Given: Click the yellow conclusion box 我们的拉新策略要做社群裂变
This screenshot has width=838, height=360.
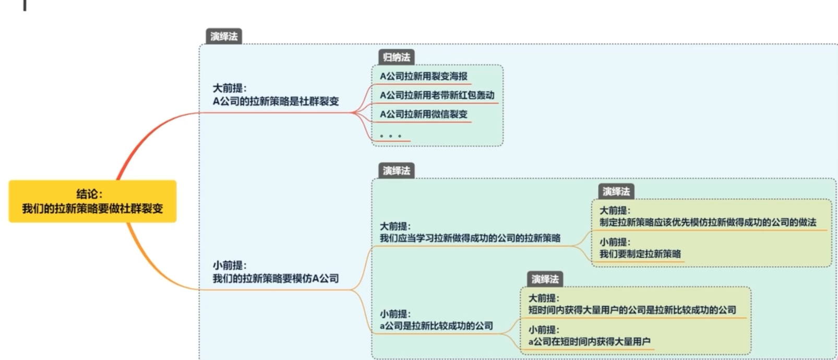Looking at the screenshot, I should (x=92, y=201).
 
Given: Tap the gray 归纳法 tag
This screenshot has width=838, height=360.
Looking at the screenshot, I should (x=397, y=57).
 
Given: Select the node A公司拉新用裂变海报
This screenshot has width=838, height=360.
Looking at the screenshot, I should (x=423, y=76).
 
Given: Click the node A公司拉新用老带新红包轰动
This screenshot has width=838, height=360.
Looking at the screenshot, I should (x=437, y=95).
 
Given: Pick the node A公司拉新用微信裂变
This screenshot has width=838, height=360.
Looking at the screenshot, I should (x=423, y=114).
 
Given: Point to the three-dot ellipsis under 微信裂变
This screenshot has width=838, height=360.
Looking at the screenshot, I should (x=390, y=136).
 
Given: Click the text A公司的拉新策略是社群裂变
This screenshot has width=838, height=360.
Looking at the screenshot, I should (x=276, y=101).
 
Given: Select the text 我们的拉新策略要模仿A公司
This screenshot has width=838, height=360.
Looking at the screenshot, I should (x=276, y=279).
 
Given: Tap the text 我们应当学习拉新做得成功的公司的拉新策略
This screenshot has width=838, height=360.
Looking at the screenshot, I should (x=470, y=238).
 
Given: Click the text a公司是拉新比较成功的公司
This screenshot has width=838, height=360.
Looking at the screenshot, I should (x=436, y=326).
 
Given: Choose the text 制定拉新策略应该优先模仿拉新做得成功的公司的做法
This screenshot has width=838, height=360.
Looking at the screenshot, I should (x=708, y=222).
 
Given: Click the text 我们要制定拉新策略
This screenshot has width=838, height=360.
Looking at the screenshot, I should (x=640, y=254).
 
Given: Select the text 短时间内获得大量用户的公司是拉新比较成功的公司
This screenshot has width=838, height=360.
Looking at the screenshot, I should (x=632, y=310).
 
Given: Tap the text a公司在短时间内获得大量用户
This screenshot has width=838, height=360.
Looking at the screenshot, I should (x=589, y=342).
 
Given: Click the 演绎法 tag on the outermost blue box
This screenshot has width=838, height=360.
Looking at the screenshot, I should (x=224, y=37).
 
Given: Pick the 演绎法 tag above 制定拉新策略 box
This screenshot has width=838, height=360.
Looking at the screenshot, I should (x=616, y=191).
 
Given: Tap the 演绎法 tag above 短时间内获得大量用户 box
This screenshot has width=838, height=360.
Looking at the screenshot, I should (x=545, y=279).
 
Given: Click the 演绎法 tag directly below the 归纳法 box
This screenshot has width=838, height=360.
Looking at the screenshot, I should (x=396, y=171).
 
